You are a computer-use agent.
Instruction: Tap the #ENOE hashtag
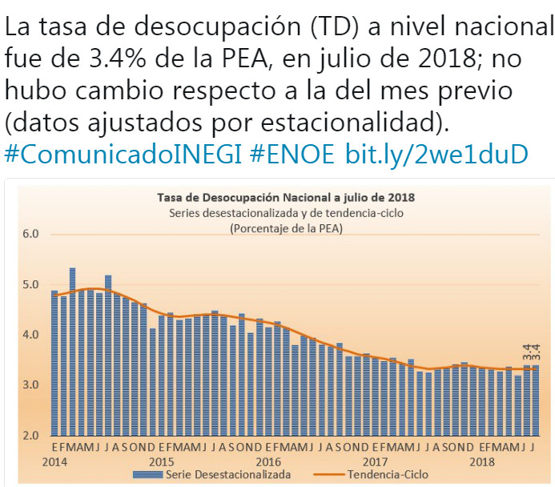(292, 155)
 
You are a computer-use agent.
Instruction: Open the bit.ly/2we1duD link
(436, 155)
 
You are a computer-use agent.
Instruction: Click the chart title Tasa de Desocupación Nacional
(279, 196)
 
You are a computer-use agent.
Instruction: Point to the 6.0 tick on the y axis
(30, 235)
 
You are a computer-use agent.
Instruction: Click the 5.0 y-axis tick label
(30, 285)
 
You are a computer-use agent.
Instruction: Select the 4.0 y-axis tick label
(30, 336)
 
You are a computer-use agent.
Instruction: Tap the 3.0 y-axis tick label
(30, 386)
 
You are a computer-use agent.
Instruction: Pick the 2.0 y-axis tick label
(30, 437)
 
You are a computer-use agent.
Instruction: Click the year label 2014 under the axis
(55, 462)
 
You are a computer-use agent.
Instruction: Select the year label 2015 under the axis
(161, 462)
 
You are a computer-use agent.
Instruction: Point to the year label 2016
(267, 462)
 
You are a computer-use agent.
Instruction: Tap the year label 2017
(374, 462)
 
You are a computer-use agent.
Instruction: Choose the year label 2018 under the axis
(481, 462)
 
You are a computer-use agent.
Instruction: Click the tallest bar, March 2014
(72, 352)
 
